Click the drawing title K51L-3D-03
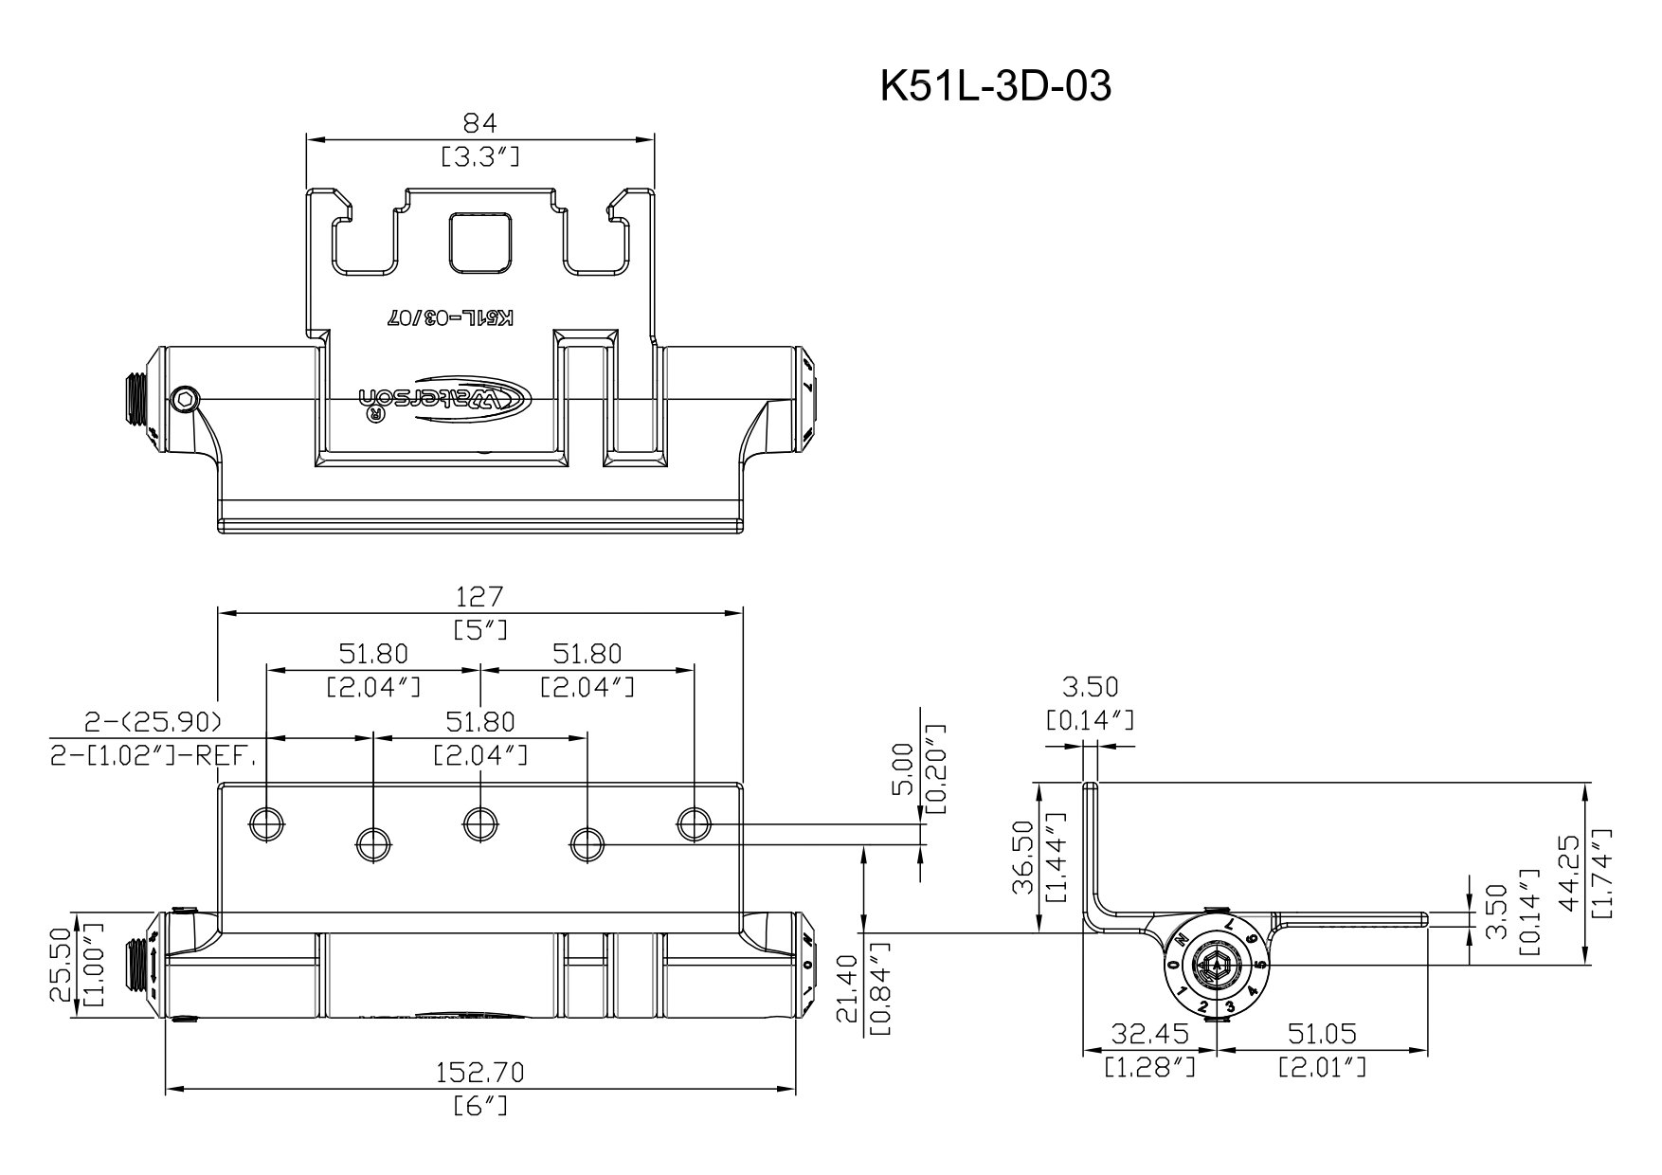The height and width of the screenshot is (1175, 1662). (x=995, y=86)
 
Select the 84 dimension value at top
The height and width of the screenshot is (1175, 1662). (x=479, y=122)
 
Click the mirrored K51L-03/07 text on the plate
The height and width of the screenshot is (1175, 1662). (x=450, y=318)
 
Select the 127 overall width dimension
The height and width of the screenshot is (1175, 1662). (x=480, y=596)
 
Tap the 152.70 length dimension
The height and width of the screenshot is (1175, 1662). (x=479, y=1072)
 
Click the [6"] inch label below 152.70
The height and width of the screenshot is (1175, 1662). (x=480, y=1105)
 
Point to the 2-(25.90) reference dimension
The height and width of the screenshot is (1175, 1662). (x=152, y=722)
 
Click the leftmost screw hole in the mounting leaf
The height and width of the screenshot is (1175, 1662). (x=266, y=823)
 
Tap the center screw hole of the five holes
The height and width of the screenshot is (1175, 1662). (x=480, y=823)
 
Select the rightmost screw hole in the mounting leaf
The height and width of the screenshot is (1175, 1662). (x=695, y=823)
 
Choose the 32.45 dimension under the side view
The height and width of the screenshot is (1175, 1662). (x=1148, y=1032)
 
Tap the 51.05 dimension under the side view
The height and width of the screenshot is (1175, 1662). (x=1323, y=1032)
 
